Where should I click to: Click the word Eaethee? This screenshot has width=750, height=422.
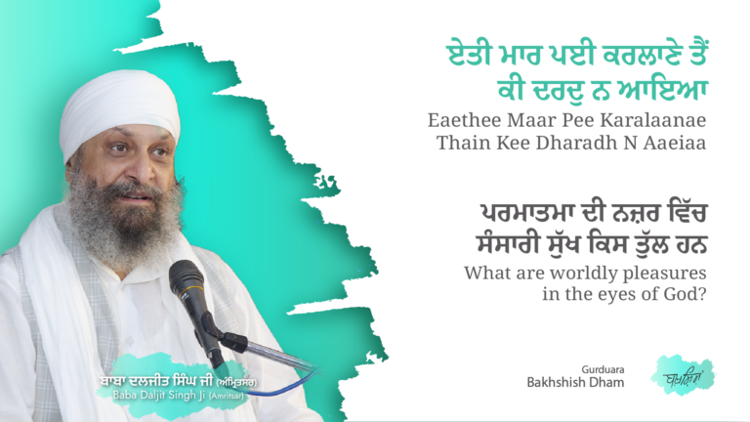point(464,123)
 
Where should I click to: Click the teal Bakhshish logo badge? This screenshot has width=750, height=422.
point(683,374)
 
